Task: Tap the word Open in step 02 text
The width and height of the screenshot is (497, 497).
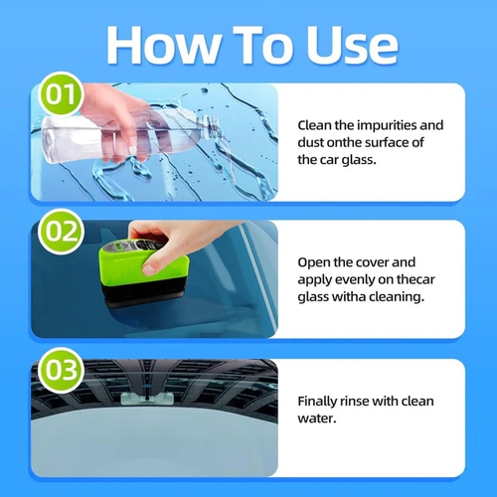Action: pos(317,260)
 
